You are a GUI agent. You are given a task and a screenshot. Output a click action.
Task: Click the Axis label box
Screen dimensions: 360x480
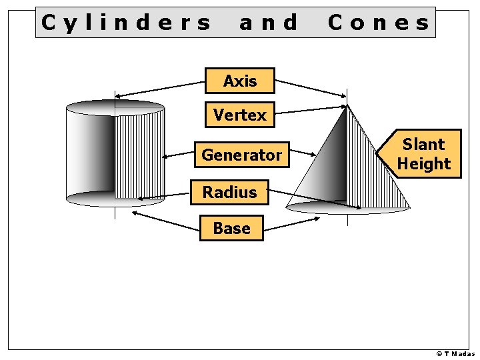click(239, 81)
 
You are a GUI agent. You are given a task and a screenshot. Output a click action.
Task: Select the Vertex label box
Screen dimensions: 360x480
click(239, 115)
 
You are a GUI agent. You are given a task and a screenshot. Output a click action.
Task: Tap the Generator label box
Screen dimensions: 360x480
click(241, 155)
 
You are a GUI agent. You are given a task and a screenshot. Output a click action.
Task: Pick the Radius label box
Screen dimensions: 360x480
click(229, 192)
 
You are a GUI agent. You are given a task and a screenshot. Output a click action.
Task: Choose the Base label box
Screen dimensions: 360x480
click(231, 228)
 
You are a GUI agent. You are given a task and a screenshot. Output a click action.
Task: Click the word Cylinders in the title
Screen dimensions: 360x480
click(125, 23)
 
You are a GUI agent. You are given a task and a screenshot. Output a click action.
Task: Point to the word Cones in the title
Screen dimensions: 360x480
click(379, 23)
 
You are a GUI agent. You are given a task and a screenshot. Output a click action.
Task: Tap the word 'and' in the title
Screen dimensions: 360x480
click(269, 23)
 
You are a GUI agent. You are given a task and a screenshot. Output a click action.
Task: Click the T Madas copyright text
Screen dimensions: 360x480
click(455, 354)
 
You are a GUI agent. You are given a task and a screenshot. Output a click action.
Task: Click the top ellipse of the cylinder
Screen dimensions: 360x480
click(115, 105)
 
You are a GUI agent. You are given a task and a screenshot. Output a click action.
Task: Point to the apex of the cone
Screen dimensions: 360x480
click(347, 105)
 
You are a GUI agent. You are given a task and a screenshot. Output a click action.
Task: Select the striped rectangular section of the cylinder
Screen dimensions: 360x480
click(140, 153)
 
